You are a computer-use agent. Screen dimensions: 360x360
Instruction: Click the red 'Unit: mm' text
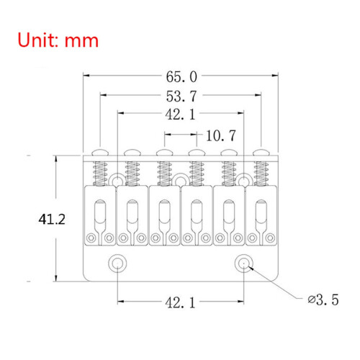[58, 40]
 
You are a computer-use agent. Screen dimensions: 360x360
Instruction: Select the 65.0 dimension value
[181, 77]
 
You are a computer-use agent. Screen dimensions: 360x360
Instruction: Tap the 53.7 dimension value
[181, 96]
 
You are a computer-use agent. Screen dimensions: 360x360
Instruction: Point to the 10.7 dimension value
[221, 135]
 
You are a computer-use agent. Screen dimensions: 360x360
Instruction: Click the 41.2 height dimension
[52, 219]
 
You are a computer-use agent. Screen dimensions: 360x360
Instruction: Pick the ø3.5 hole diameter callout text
[323, 300]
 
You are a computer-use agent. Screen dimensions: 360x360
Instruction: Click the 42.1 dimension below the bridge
[181, 302]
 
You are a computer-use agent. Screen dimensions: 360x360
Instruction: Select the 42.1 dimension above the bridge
[181, 114]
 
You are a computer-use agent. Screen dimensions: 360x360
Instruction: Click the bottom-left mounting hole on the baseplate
[117, 264]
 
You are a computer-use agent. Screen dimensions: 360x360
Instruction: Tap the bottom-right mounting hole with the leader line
[243, 264]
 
